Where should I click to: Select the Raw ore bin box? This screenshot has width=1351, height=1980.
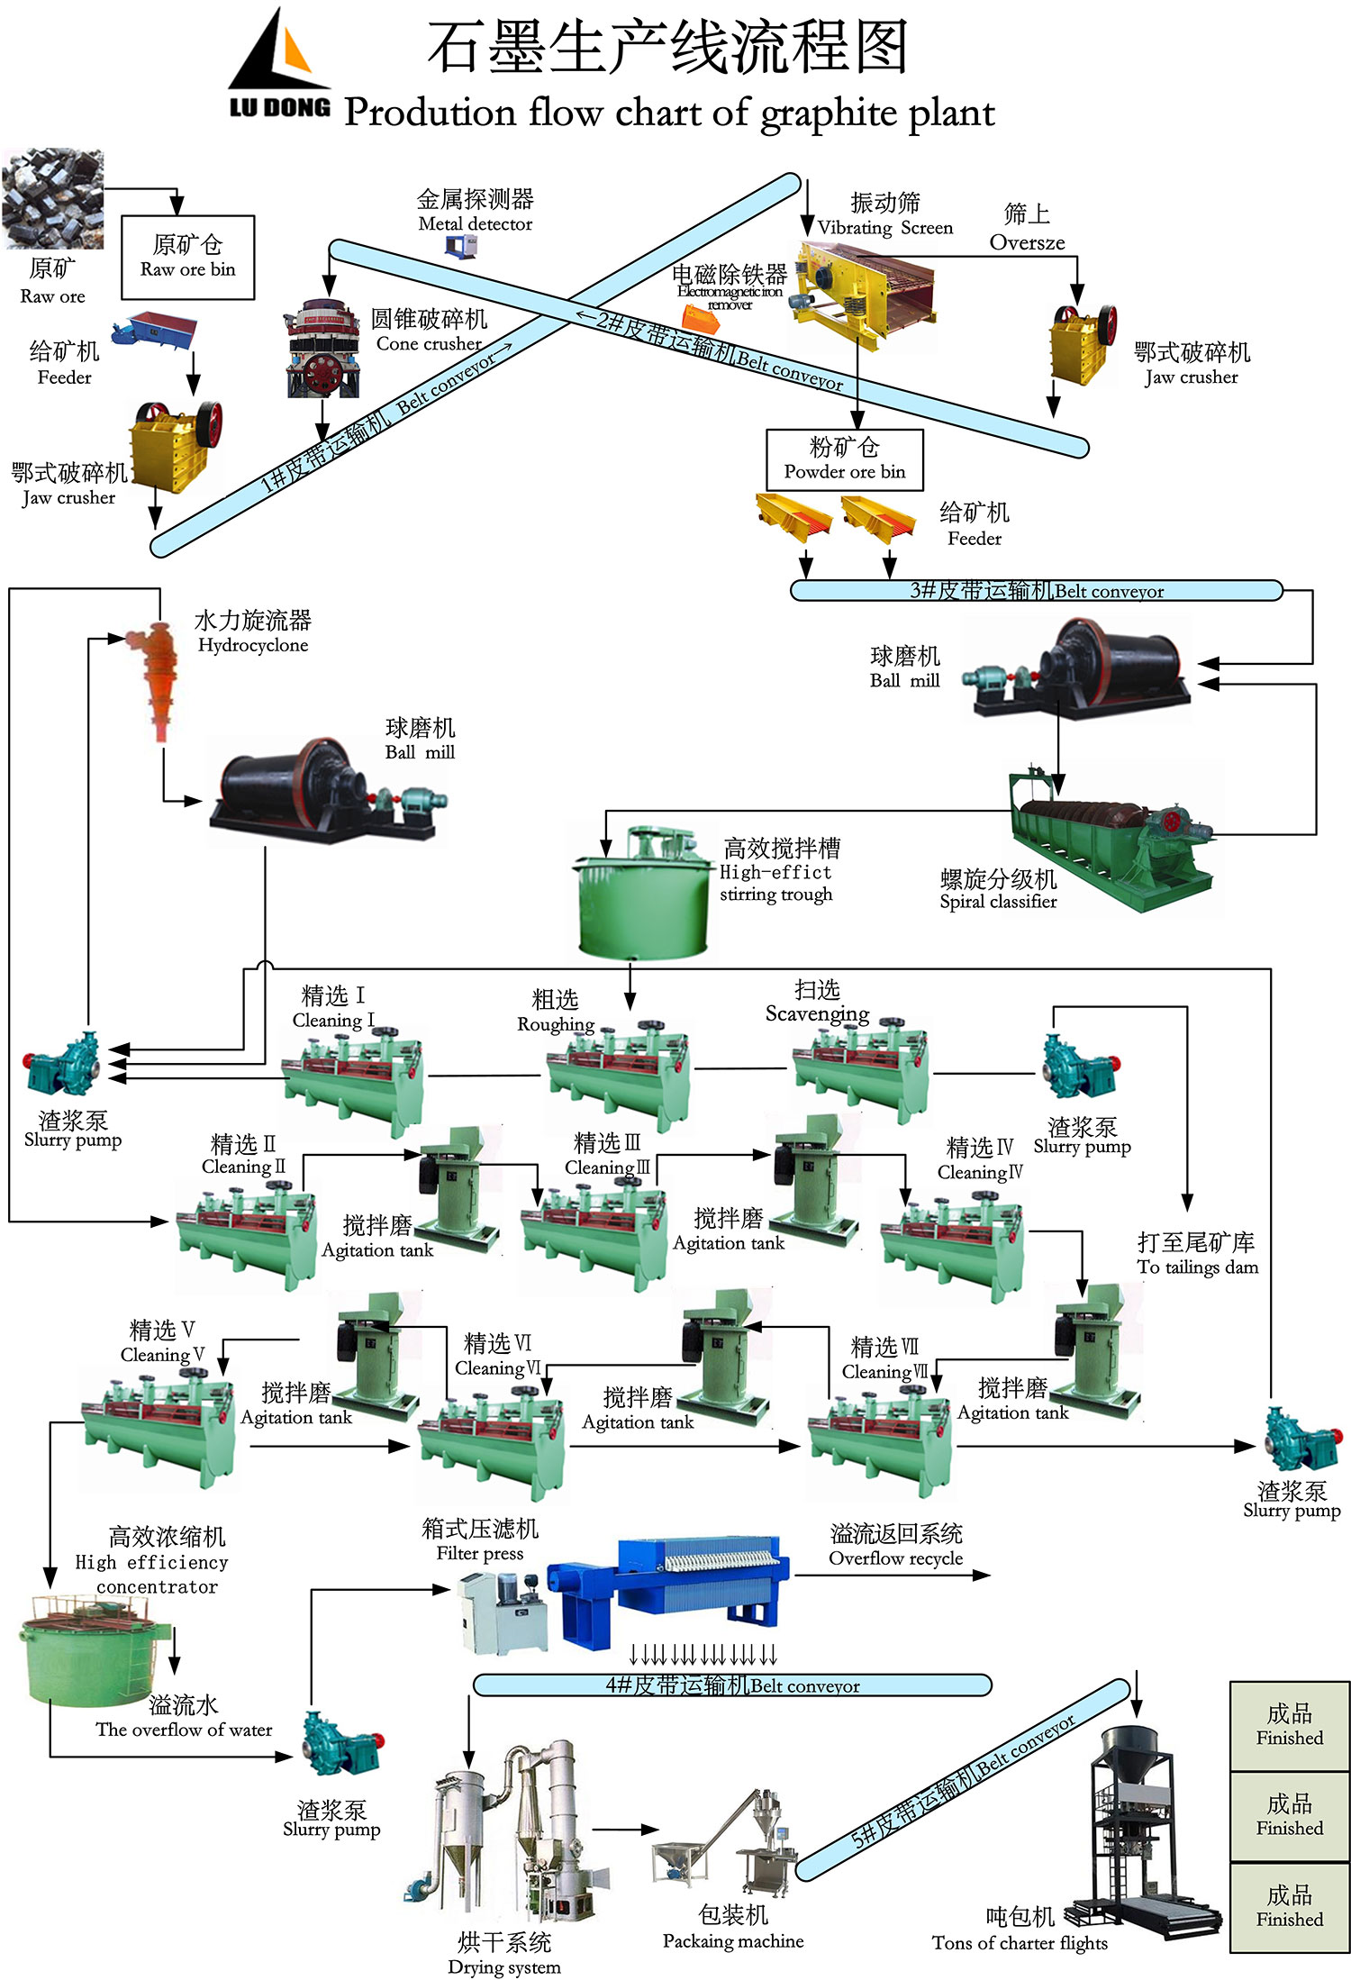(x=187, y=257)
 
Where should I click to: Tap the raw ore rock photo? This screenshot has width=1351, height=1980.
(x=52, y=198)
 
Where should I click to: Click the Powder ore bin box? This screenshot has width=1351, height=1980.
(x=844, y=459)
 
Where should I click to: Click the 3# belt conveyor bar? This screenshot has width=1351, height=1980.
(x=1036, y=591)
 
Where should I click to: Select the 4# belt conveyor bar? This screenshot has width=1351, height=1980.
(x=731, y=1685)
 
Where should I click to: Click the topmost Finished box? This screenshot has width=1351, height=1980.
(x=1289, y=1725)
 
